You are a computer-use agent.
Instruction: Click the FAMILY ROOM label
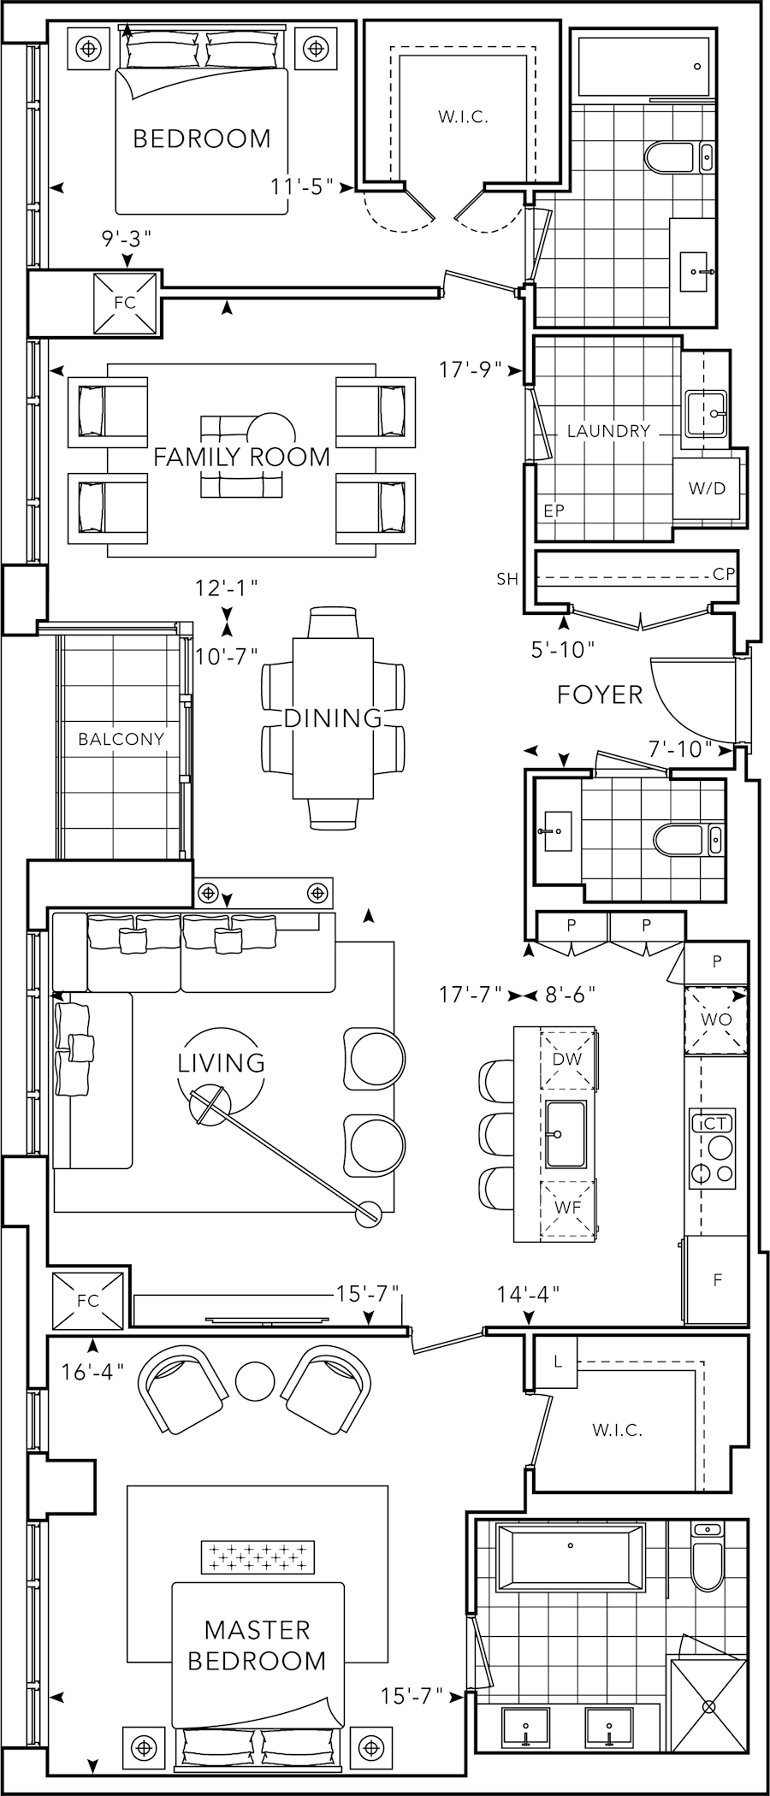[241, 457]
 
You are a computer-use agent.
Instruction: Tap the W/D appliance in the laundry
[707, 488]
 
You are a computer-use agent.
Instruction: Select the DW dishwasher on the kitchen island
[567, 1059]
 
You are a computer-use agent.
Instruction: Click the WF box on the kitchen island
[567, 1208]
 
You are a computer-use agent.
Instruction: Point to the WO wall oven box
[716, 1019]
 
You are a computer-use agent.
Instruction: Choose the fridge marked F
[717, 1280]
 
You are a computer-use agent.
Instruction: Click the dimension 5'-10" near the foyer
[563, 650]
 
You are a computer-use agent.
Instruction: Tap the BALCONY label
[121, 739]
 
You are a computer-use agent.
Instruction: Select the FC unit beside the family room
[125, 303]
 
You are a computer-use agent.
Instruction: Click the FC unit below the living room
[88, 1301]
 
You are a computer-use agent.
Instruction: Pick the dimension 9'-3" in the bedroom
[127, 239]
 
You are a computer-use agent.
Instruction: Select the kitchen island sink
[566, 1134]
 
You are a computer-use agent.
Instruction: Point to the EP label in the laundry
[554, 511]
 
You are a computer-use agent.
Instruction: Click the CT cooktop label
[715, 1124]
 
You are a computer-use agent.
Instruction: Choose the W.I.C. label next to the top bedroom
[463, 118]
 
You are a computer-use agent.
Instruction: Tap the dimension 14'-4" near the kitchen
[528, 1294]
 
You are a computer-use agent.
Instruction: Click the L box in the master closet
[558, 1362]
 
